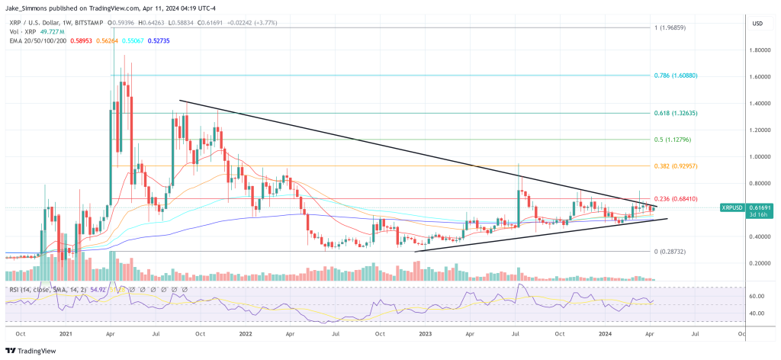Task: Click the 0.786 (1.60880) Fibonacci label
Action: pos(675,76)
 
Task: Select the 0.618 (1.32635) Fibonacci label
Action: pos(675,113)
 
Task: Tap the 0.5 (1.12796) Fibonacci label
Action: pos(673,140)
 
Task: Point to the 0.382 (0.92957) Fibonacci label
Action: pos(675,166)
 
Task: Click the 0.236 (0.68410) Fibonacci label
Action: pos(675,200)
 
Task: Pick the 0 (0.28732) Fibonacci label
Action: pos(670,252)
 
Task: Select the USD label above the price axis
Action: pos(757,24)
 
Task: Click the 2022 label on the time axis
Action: pos(245,333)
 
